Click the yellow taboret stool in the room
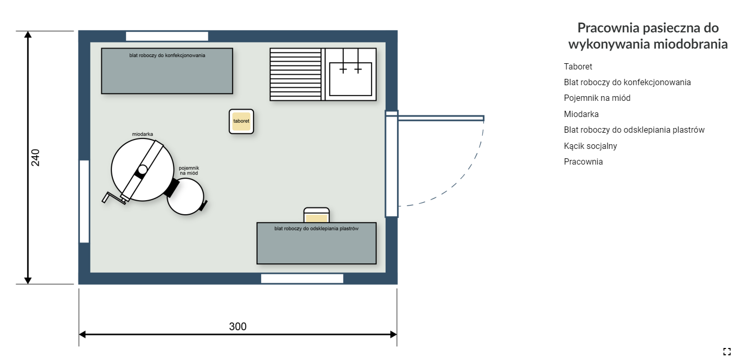(x=241, y=121)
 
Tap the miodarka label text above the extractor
(x=142, y=134)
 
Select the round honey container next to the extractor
(x=185, y=196)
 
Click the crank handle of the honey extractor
(x=113, y=198)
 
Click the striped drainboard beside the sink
(x=296, y=75)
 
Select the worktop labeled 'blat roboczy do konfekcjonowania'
(x=167, y=71)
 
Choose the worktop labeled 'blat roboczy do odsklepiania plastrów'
(x=317, y=243)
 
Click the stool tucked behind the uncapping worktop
(x=317, y=215)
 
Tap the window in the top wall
(x=167, y=36)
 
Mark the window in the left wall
(x=84, y=201)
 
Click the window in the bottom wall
(x=302, y=278)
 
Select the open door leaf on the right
(x=441, y=118)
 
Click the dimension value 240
(x=36, y=157)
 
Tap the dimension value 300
(x=238, y=326)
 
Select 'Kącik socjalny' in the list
(x=590, y=146)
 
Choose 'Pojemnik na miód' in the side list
(x=597, y=98)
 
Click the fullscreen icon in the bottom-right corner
(x=727, y=352)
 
